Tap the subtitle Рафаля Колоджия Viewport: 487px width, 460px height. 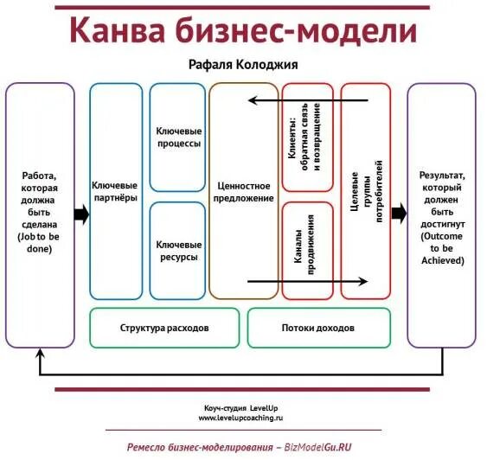pos(243,64)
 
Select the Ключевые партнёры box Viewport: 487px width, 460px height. pos(115,191)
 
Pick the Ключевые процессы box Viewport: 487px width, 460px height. pos(177,136)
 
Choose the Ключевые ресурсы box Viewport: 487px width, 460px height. pos(177,251)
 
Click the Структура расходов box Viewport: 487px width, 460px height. pos(164,329)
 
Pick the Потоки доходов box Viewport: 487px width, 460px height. pos(317,329)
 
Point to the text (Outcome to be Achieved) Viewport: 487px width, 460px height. pos(442,248)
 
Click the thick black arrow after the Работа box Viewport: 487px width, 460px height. pos(82,215)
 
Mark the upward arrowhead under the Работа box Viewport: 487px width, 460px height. pos(40,354)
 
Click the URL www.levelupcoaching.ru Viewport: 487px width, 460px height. pos(241,418)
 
